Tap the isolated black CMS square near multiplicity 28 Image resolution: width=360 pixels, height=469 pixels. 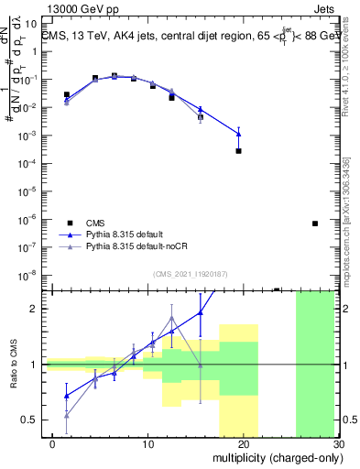(315, 224)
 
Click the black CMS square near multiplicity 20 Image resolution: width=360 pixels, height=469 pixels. (238, 150)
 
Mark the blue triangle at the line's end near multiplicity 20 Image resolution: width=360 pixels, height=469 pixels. (238, 134)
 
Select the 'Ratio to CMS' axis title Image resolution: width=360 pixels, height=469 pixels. (14, 365)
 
